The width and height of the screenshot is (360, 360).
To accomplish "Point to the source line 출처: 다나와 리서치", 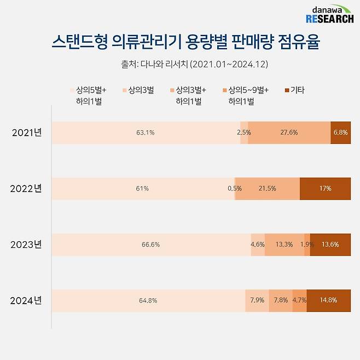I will [x=194, y=64].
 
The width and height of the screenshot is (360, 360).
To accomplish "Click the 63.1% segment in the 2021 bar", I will [x=146, y=133].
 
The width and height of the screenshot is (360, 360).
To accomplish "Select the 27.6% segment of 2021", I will [x=289, y=133].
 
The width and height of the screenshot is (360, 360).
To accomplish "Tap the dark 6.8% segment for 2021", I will [x=340, y=133].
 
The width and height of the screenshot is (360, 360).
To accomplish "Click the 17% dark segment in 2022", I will [x=326, y=189].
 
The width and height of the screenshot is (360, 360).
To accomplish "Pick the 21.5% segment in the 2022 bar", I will [x=268, y=189].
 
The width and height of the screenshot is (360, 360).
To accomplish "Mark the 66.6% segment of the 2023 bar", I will [x=151, y=245].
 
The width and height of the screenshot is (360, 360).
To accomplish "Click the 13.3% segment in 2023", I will [x=284, y=245].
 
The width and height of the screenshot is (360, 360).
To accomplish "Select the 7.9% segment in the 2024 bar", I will [x=257, y=300].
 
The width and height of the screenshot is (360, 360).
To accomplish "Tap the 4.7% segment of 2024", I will [x=299, y=300].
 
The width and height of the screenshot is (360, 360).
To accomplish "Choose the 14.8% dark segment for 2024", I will [x=329, y=300].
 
